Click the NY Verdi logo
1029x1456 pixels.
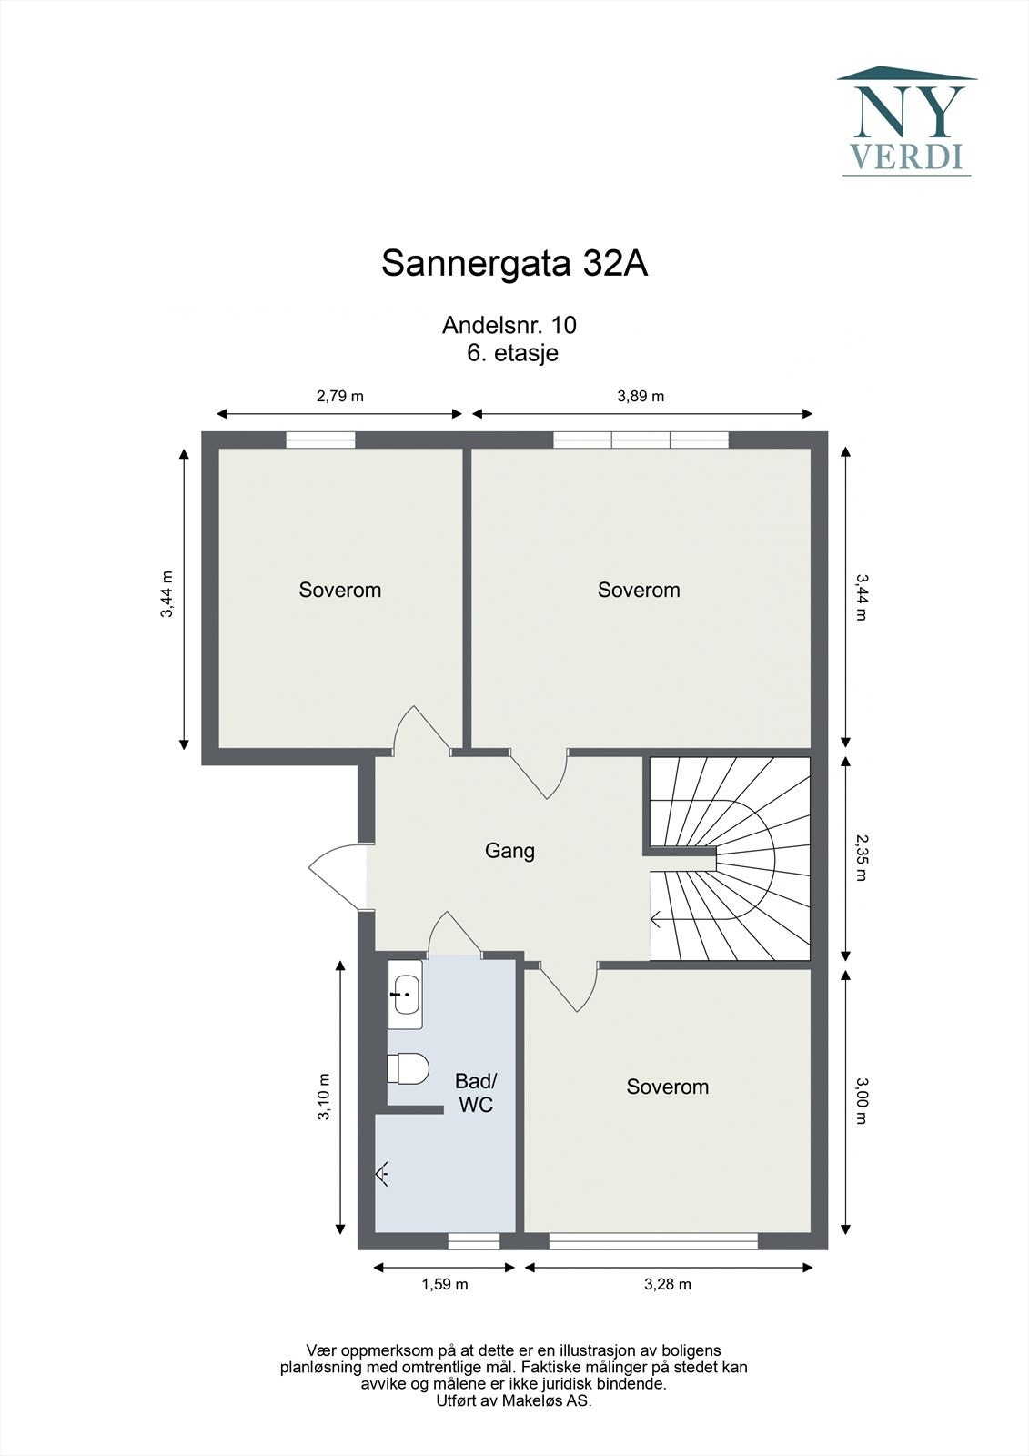coord(906,121)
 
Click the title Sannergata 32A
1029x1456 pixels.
coord(514,264)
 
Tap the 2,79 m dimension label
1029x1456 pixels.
coord(339,396)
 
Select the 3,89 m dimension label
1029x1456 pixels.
coord(641,396)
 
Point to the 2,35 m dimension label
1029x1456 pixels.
coord(861,859)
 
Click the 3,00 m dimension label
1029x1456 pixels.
coord(861,1101)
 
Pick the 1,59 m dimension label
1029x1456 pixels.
coord(444,1284)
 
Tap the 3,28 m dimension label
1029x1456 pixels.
coord(668,1284)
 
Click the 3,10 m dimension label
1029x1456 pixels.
coord(324,1097)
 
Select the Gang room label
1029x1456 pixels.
coord(509,851)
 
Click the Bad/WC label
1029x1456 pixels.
coord(476,1093)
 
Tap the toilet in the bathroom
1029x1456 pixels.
coord(408,1068)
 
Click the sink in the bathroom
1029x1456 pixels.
coord(405,994)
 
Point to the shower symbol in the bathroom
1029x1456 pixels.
coord(383,1174)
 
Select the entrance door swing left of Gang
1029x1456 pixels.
coord(338,875)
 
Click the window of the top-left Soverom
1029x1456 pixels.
coord(320,440)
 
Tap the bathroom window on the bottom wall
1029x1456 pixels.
coord(474,1241)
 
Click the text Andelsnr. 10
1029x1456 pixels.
coord(509,325)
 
